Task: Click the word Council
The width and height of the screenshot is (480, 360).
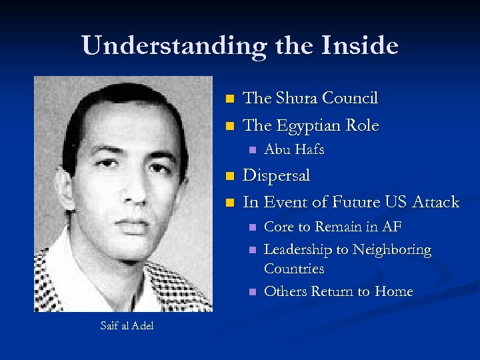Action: click(x=351, y=98)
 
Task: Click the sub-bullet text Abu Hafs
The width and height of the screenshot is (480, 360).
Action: click(x=294, y=150)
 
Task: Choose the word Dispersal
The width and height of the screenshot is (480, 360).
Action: click(x=277, y=175)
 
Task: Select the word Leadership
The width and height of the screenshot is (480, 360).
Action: click(x=298, y=250)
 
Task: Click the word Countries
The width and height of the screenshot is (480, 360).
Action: click(x=294, y=269)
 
